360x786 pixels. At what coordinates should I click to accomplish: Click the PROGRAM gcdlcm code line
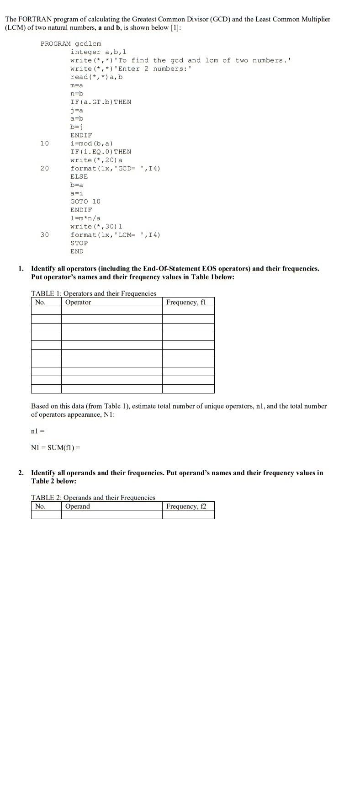70,44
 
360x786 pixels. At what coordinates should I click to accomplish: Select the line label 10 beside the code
44,143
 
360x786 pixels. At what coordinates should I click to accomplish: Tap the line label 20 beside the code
44,169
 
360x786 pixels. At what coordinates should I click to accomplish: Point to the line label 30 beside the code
44,235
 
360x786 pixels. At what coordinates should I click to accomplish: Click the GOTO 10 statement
85,202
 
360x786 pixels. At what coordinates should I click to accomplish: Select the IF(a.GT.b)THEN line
101,102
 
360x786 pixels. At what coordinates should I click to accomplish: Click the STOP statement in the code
79,243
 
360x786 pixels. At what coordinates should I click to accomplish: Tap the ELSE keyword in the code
79,177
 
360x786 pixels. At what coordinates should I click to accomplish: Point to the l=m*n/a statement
85,218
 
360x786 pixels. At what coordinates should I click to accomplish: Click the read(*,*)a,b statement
96,77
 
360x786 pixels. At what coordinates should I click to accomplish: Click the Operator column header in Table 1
78,302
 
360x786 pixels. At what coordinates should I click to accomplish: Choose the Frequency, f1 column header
186,302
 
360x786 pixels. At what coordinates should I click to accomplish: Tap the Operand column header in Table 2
78,506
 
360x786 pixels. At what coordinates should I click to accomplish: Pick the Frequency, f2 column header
186,506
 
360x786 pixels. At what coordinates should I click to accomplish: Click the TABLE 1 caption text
93,293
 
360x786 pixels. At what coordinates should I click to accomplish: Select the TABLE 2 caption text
93,498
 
